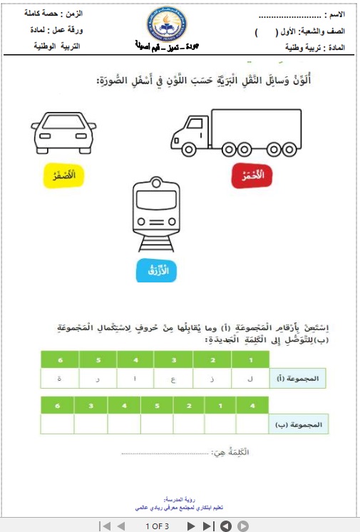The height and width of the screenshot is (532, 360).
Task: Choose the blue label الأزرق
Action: (x=155, y=272)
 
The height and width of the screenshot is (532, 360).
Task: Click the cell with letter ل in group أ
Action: (x=252, y=379)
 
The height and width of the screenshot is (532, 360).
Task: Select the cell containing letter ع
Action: (x=173, y=379)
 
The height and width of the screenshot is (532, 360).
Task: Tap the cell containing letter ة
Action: (x=59, y=379)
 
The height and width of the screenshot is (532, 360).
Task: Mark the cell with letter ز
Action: (x=212, y=379)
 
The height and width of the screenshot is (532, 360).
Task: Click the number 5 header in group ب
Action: (x=158, y=405)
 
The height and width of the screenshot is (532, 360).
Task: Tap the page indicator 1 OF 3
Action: (x=156, y=526)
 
